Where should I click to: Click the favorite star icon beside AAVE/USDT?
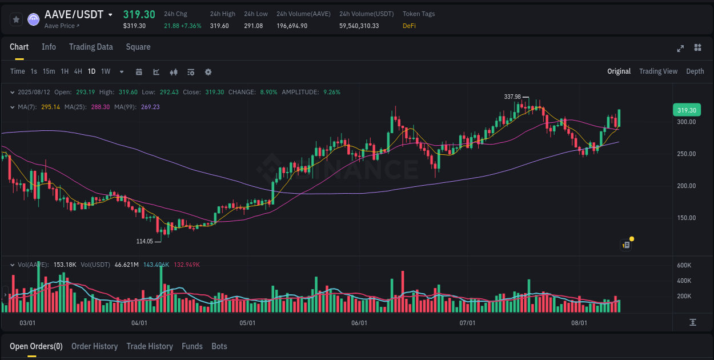click(17, 19)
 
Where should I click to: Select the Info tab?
click(49, 47)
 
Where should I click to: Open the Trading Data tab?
click(91, 47)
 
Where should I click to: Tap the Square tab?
click(138, 47)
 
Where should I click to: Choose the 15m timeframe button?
click(49, 71)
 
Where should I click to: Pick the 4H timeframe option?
click(78, 71)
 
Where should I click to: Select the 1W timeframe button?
click(106, 71)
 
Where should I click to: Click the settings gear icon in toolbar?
click(208, 72)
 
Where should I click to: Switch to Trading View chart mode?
click(658, 71)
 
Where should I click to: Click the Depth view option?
click(695, 71)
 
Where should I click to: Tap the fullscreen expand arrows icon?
click(680, 48)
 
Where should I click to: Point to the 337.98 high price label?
click(512, 97)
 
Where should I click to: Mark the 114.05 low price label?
click(145, 241)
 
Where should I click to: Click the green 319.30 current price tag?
click(687, 110)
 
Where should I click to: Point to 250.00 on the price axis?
click(687, 154)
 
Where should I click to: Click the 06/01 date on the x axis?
click(359, 323)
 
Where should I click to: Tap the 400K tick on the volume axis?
click(684, 281)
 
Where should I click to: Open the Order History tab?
click(94, 346)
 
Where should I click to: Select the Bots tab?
click(219, 346)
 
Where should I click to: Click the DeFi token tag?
click(409, 26)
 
